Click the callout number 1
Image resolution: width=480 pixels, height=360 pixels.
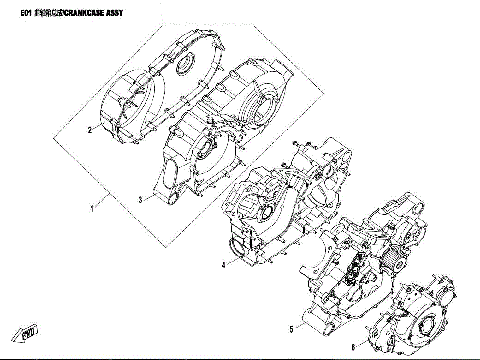coord(92,209)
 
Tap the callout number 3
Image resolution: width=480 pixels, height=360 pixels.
coord(141,200)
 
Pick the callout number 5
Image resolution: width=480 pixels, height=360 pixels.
coord(291,328)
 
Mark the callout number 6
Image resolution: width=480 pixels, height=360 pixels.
coord(353,347)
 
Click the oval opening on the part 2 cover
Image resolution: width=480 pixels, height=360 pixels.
coord(180,67)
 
